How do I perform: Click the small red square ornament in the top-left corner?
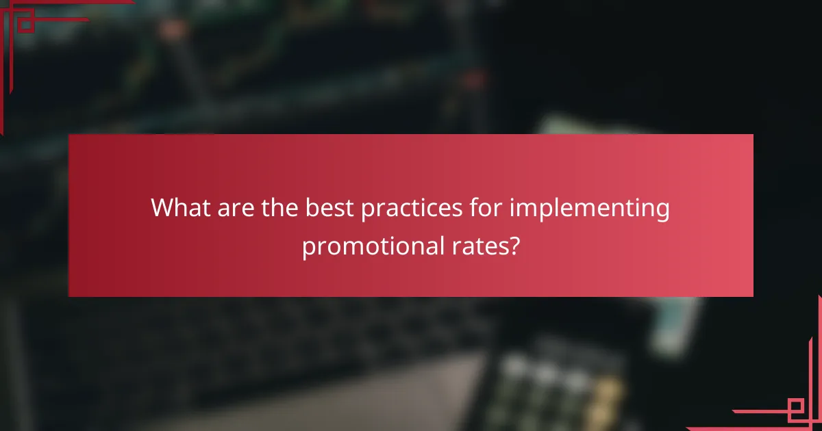(25, 25)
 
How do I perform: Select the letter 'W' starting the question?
(162, 207)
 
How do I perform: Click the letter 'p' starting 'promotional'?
(308, 247)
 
